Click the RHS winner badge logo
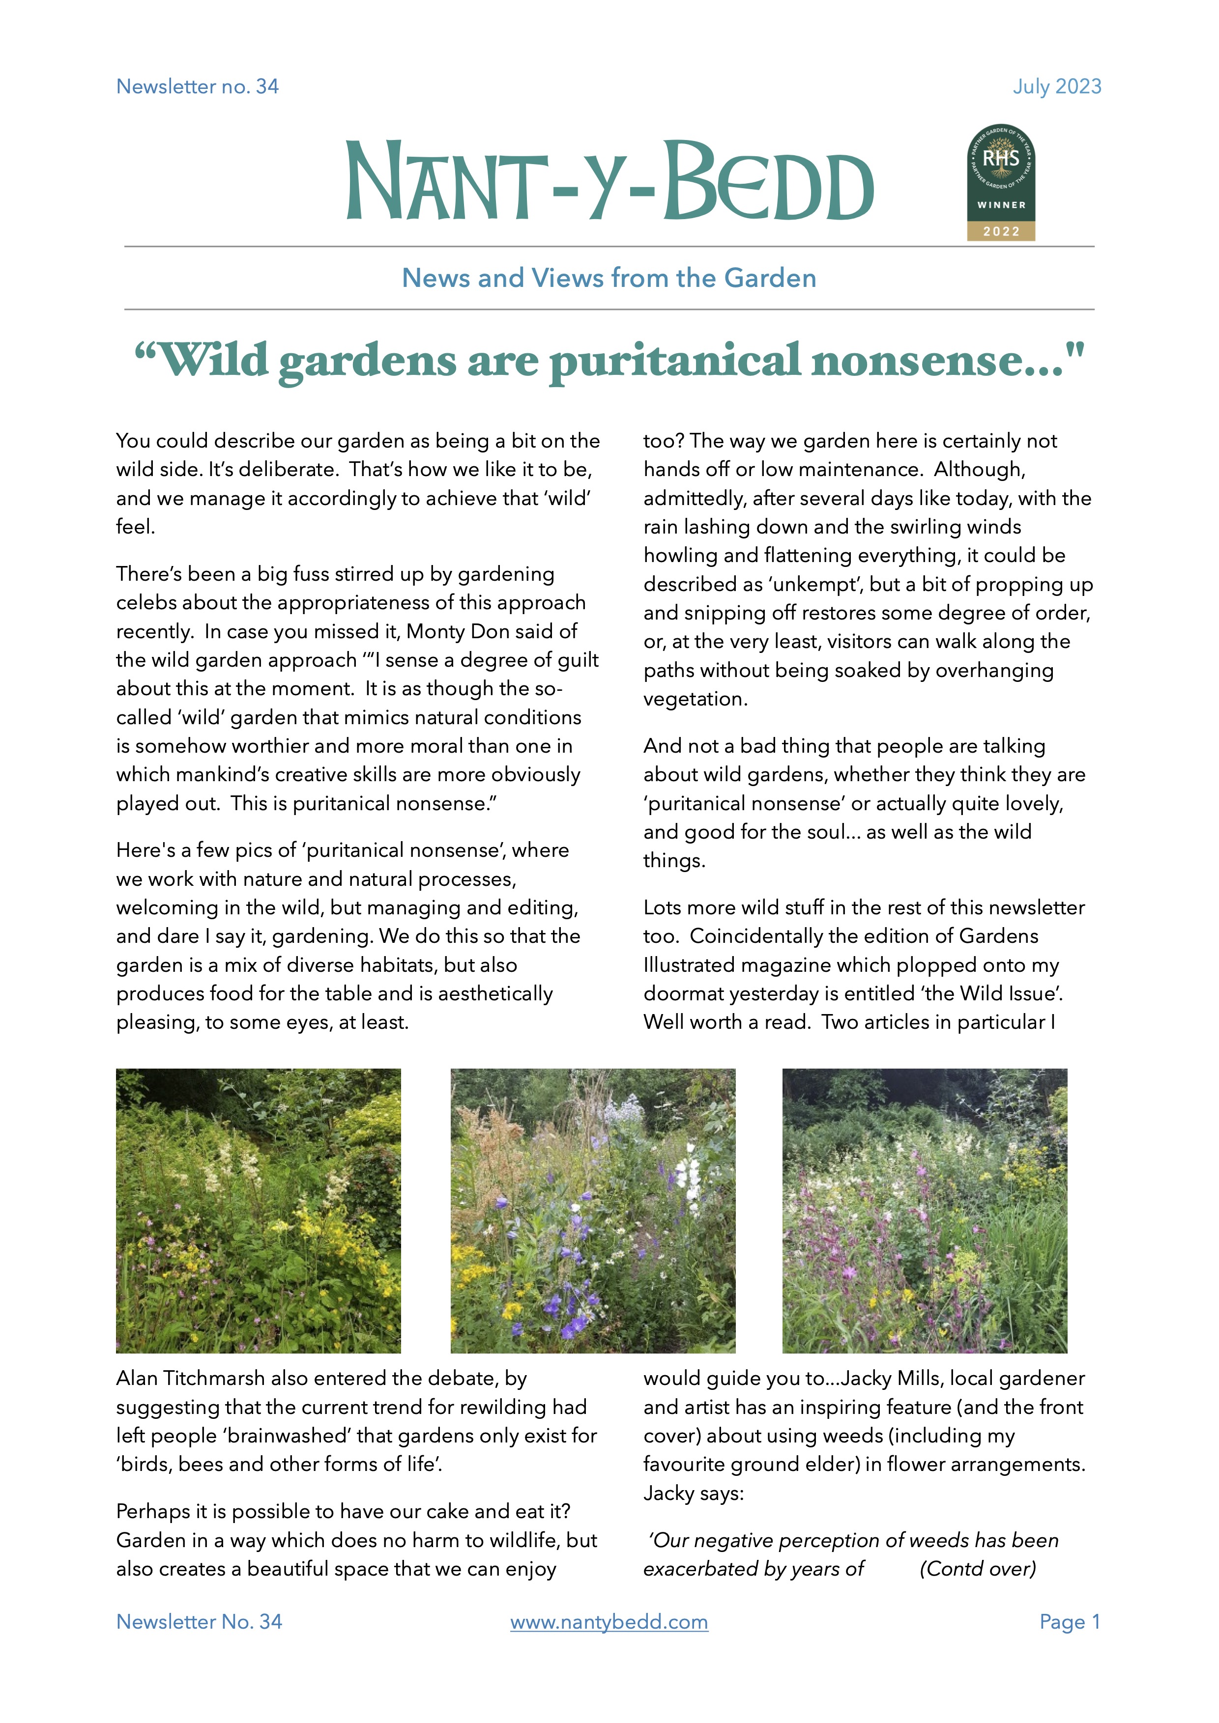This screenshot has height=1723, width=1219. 1001,181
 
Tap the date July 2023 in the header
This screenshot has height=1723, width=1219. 1057,86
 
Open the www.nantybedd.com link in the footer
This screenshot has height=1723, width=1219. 609,1622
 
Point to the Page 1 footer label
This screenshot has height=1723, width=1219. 1069,1622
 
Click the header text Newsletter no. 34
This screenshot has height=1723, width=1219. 198,86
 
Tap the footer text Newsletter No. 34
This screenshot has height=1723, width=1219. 199,1622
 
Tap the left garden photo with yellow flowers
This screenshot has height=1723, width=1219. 258,1211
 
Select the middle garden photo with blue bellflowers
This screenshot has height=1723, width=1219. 593,1211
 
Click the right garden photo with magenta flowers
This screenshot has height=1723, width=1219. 925,1211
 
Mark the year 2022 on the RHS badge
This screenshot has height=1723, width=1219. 1001,231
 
